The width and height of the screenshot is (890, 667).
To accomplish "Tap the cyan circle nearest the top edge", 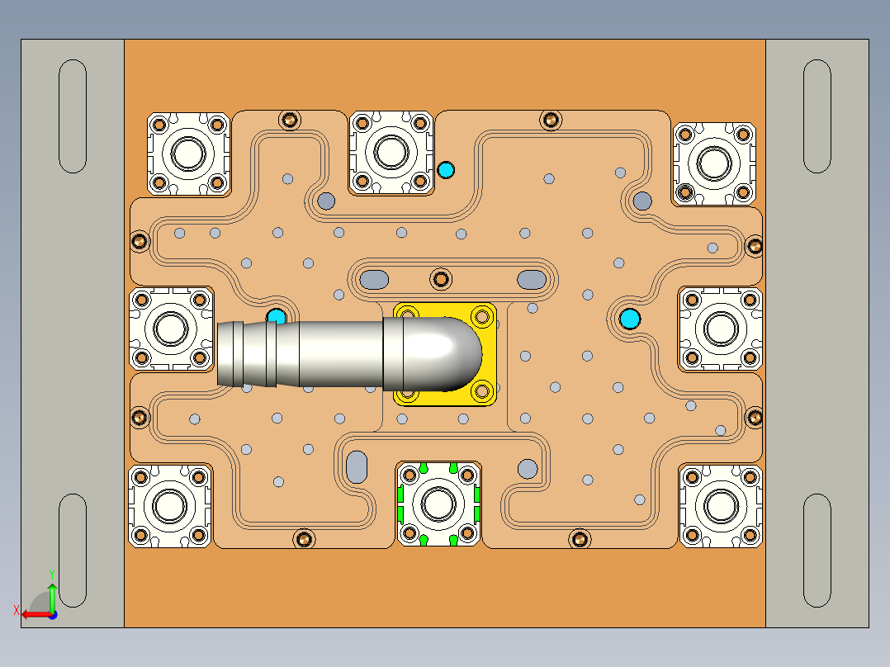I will tap(446, 170).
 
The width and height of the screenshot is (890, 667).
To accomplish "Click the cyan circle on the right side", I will tap(630, 319).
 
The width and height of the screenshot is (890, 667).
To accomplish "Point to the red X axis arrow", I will tap(33, 613).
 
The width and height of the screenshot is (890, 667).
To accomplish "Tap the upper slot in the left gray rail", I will tap(73, 116).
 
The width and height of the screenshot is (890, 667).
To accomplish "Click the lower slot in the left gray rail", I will tap(73, 550).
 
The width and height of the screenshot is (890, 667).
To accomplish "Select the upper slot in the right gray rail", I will tap(817, 116).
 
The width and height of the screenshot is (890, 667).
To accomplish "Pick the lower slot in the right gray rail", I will tap(817, 550).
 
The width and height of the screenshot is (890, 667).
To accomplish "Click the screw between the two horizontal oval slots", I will tap(443, 278).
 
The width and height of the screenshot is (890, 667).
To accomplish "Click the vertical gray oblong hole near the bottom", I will tap(357, 467).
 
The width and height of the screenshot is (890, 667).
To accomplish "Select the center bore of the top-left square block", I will tap(188, 154).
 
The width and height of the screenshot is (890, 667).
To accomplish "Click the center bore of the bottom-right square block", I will tap(721, 505).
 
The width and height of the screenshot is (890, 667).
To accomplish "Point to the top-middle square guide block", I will tap(391, 153).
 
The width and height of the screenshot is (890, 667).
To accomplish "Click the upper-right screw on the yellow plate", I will tap(483, 315).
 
